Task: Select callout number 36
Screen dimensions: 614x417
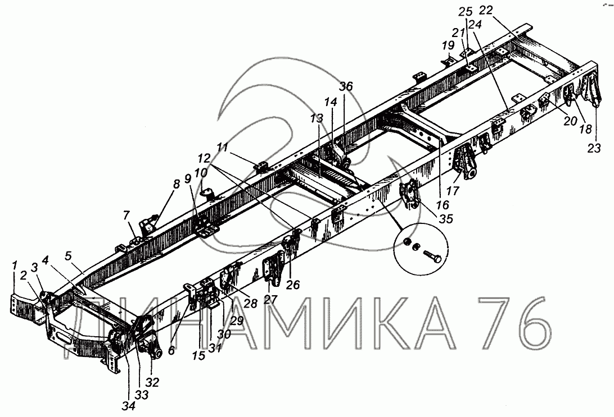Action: [346, 86]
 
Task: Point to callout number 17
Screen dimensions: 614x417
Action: [453, 191]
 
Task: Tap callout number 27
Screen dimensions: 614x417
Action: [270, 300]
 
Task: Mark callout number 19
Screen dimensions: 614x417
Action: [448, 44]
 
